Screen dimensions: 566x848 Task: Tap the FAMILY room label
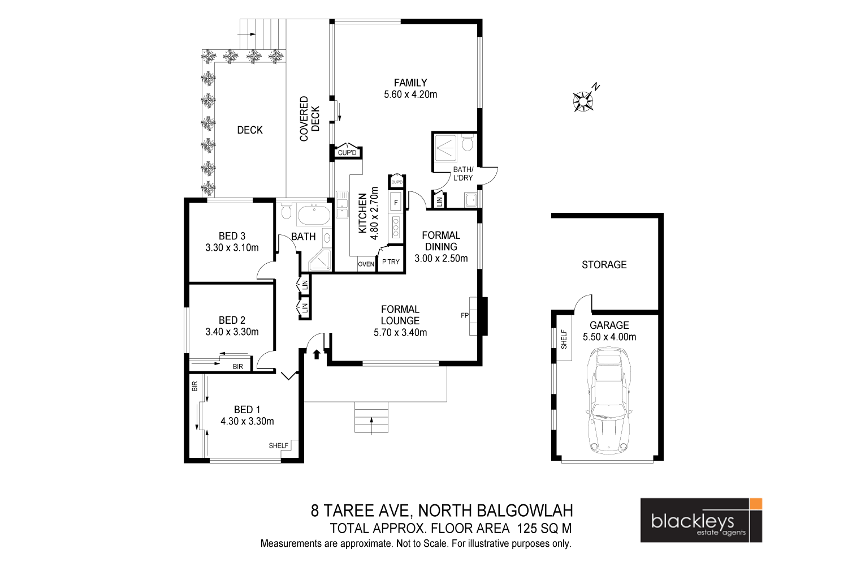tap(410, 83)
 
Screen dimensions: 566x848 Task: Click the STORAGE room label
tap(604, 264)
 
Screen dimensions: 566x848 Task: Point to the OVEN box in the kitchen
tap(366, 264)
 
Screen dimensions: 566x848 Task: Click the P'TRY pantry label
tap(391, 262)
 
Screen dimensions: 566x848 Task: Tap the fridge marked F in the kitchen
tap(396, 202)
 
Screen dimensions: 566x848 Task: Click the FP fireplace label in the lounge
tap(465, 315)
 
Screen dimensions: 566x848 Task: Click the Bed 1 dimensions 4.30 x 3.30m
tap(247, 421)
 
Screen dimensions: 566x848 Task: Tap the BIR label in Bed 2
tap(238, 367)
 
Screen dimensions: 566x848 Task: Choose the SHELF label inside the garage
tap(564, 340)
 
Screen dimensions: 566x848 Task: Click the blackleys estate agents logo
tap(701, 520)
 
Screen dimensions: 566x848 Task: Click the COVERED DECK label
tap(309, 119)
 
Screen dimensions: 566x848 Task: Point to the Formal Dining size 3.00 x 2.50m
tap(441, 259)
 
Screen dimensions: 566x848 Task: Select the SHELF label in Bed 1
tap(279, 445)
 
